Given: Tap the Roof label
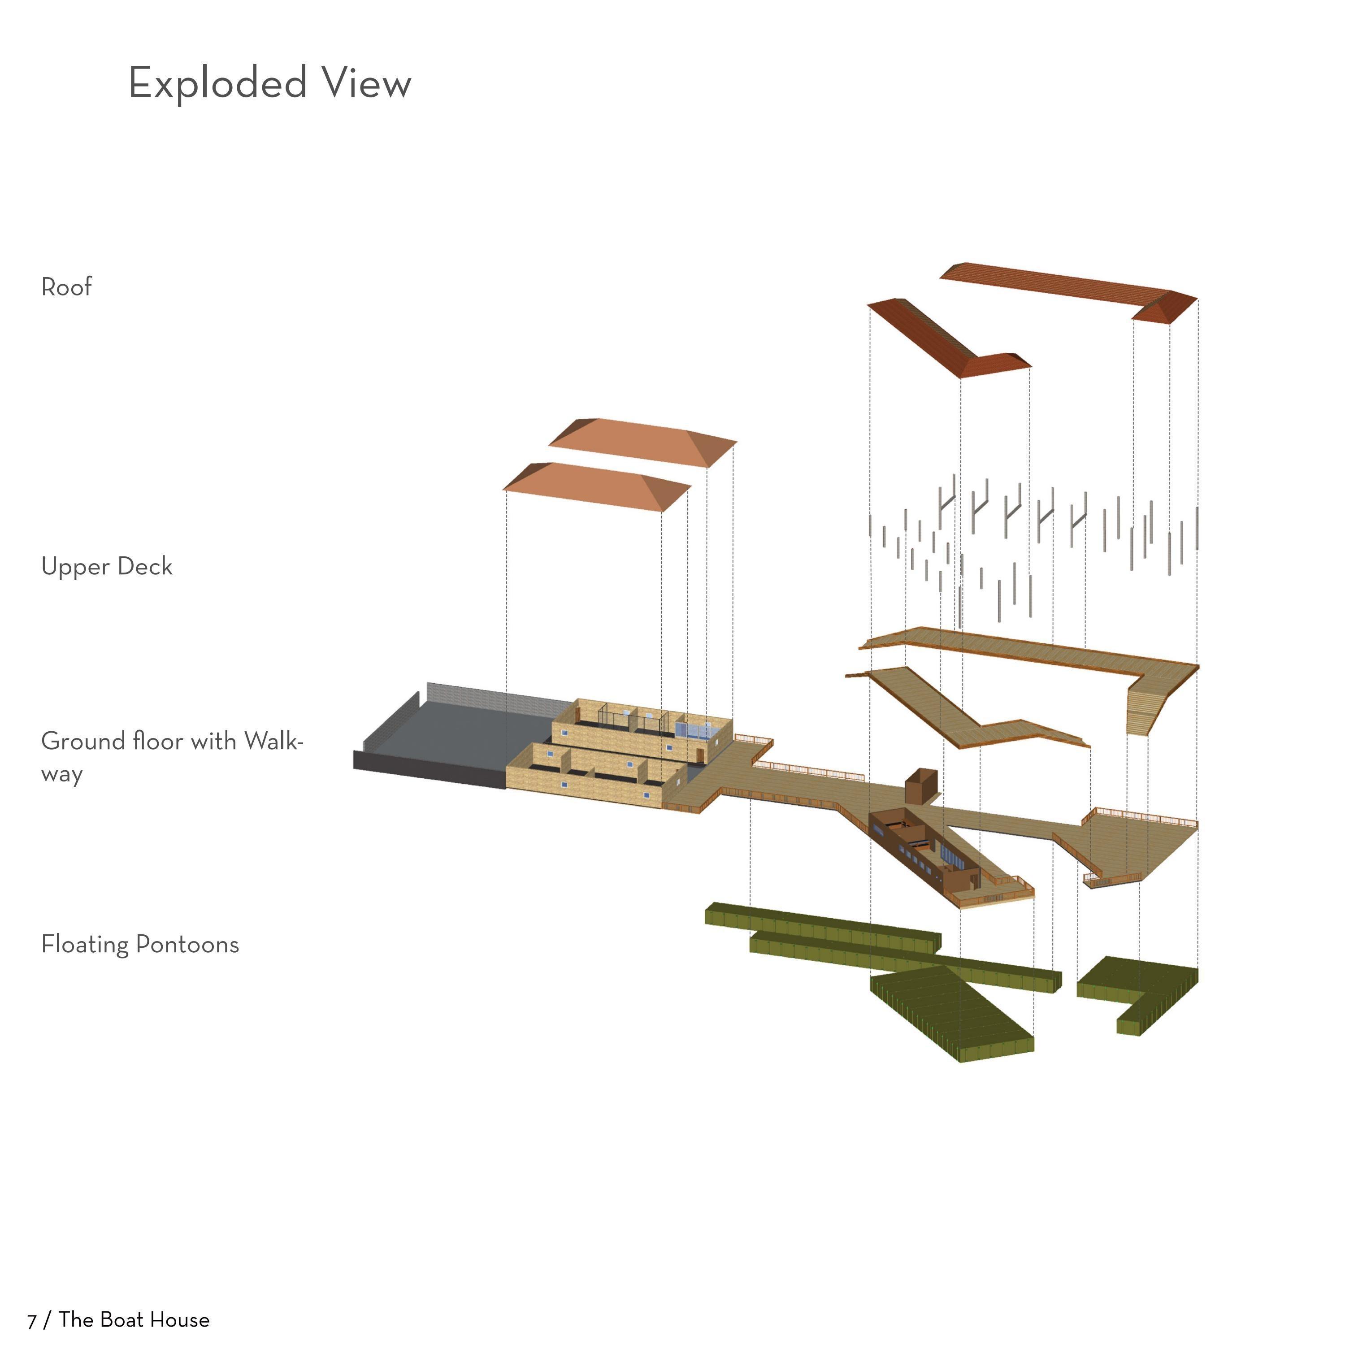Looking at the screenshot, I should click(x=66, y=287).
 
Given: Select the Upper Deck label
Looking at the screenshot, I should click(x=107, y=566).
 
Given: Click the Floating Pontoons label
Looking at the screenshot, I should click(x=140, y=944).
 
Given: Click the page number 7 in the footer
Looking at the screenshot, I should click(x=31, y=1321).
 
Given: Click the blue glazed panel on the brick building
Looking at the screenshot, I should click(x=693, y=729).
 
